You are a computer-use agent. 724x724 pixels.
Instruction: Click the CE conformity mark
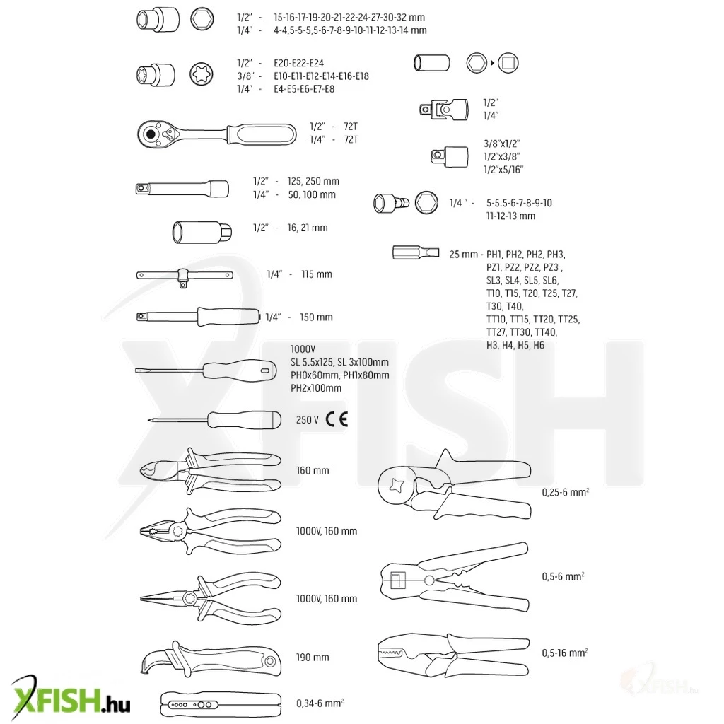coord(337,419)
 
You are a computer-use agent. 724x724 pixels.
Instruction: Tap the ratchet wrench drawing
coord(217,134)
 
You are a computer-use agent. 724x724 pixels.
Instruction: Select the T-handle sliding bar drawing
coord(185,277)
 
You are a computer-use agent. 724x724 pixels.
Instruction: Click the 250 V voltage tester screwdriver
coord(214,420)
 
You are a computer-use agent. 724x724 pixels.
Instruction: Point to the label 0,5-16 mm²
coord(565,653)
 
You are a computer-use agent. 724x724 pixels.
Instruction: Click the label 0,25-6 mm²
coord(565,492)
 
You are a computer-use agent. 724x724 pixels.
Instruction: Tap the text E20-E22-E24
coord(299,63)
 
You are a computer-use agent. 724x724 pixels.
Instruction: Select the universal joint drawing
coord(444,110)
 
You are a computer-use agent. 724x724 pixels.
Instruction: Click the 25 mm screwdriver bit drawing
coord(416,252)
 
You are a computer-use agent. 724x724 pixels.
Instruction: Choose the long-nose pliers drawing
coord(211,599)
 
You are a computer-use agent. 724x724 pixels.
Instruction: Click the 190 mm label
coord(313,658)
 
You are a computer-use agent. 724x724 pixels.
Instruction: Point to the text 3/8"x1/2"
coord(501,144)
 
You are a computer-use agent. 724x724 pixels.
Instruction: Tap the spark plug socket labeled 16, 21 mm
coord(202,232)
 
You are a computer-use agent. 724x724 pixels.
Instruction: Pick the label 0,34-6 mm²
coord(320,703)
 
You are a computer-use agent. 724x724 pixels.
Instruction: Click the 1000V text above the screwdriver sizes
coord(303,349)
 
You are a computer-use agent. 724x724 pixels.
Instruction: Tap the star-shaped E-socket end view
coord(202,74)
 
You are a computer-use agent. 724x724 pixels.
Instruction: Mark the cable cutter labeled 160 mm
coord(211,471)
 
